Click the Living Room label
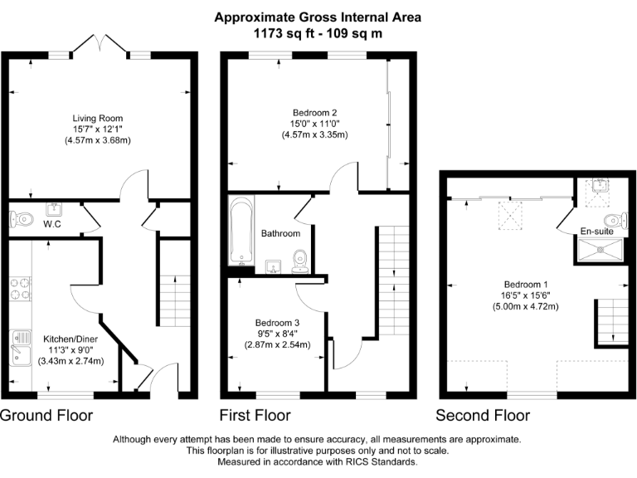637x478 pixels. (99, 118)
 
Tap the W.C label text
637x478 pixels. (52, 224)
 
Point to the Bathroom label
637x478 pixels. (280, 234)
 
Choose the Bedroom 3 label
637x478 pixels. (277, 322)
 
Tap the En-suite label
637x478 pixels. (596, 232)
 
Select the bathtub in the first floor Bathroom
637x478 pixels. (243, 230)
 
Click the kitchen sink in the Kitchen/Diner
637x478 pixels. (21, 346)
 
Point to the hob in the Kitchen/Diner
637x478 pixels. (20, 288)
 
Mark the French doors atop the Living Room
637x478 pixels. (99, 44)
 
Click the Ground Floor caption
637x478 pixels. (46, 415)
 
